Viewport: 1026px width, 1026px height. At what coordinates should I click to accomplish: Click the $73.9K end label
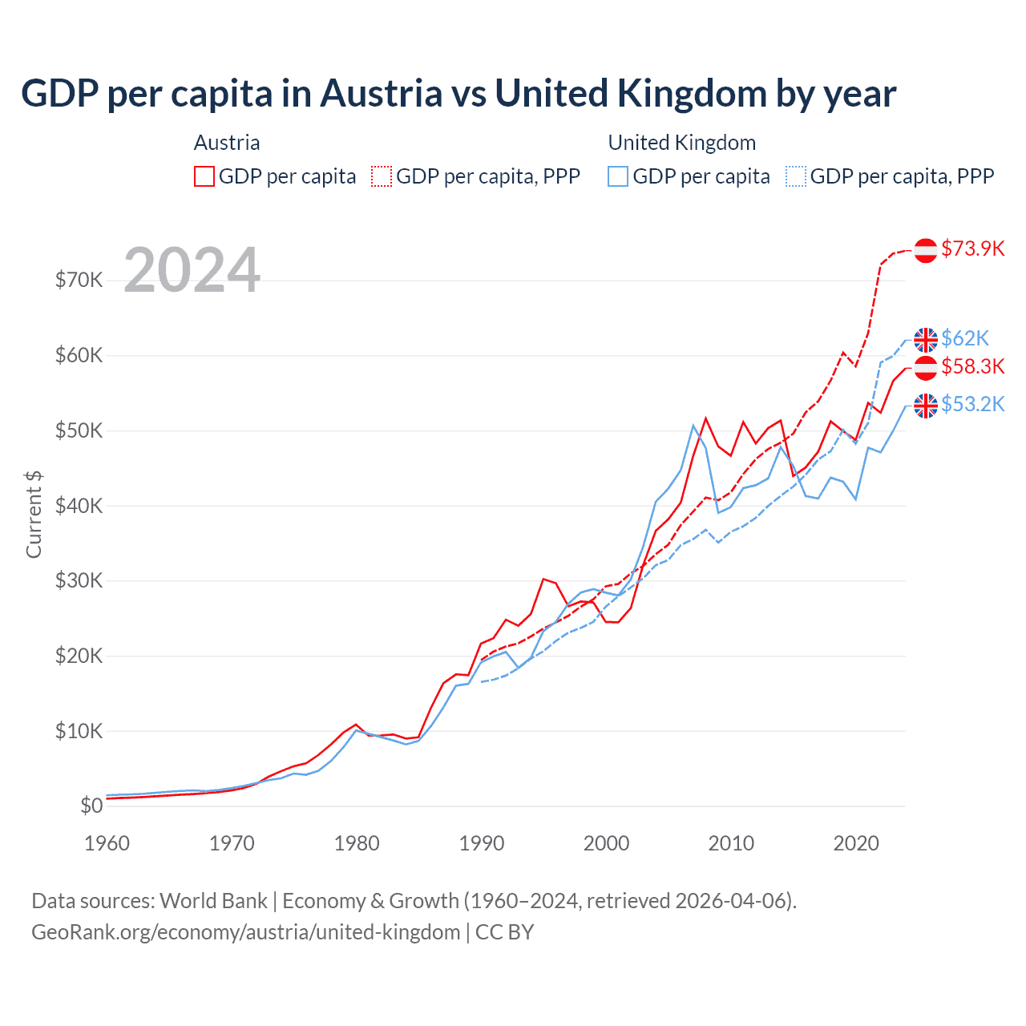(972, 248)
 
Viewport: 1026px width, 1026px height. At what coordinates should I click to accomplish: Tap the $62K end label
(965, 338)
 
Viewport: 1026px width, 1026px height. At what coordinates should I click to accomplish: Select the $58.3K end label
(972, 366)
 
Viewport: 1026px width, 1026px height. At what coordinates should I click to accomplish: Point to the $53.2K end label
(972, 404)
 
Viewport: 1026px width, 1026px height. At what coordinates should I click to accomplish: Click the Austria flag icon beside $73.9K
(926, 250)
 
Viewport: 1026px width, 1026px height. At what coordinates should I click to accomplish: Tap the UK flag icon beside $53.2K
(926, 406)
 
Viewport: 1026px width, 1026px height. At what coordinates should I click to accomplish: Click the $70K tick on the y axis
(79, 281)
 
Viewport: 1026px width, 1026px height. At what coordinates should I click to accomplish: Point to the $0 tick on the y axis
(91, 806)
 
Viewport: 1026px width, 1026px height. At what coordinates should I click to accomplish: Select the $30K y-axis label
(79, 580)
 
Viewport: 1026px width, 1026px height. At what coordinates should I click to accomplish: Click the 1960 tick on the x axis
(107, 843)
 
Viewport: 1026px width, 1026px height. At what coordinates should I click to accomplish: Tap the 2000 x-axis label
(607, 843)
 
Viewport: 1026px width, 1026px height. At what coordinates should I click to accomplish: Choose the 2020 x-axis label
(856, 843)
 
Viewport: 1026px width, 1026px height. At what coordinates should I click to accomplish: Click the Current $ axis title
(34, 515)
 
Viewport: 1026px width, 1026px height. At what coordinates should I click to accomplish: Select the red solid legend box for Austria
(204, 176)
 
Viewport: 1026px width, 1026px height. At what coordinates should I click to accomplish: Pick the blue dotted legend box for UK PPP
(796, 176)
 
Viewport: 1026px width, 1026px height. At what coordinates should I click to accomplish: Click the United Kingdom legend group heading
(681, 143)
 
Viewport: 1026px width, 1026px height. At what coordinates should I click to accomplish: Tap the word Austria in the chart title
(382, 94)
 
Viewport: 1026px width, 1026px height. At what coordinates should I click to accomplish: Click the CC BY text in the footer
(504, 932)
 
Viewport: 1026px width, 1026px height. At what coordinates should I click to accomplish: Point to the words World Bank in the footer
(213, 901)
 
